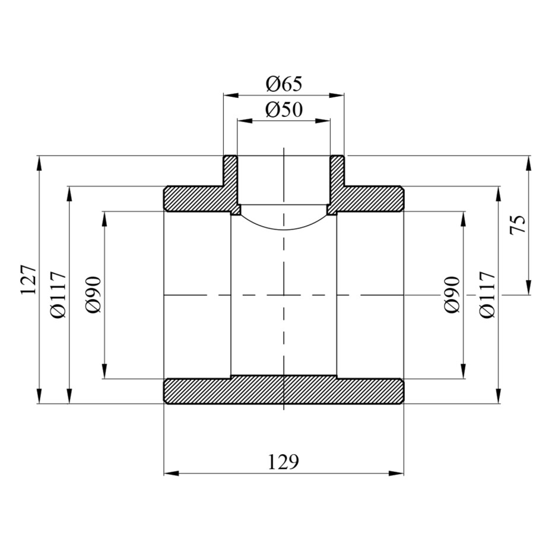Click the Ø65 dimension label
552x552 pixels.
point(284,84)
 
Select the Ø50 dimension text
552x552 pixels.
point(284,110)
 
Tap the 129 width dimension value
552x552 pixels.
point(283,462)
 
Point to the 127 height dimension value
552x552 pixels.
point(29,280)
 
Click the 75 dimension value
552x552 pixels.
point(518,224)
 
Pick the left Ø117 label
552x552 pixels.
point(58,294)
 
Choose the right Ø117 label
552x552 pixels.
point(487,294)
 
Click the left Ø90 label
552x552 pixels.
point(93,294)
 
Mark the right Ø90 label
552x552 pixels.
point(452,294)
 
